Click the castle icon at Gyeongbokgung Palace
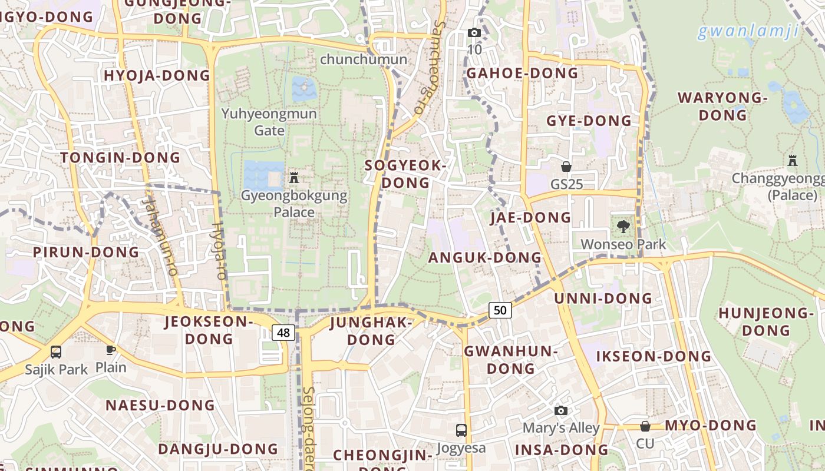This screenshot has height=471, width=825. coord(294,177)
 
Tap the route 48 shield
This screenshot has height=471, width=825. coord(283,333)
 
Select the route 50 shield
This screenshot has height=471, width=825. coord(500,310)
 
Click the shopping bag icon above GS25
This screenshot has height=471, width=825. coord(566,167)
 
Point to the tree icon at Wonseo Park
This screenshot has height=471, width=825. coord(623,226)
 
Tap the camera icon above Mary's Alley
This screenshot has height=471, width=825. coord(561,410)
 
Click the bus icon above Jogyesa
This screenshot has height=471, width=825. coord(461,430)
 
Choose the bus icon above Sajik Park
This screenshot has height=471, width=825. coord(56,352)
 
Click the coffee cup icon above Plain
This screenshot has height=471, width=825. coord(110,350)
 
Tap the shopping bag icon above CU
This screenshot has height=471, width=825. coord(645,426)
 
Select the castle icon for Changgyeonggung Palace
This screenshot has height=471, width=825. coord(792,160)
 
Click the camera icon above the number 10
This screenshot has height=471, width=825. coord(474,32)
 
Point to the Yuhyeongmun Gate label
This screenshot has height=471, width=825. coord(269,122)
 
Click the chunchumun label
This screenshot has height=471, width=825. coord(364,59)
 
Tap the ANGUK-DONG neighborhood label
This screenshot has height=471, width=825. coord(484,257)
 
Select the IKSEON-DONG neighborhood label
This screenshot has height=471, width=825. coord(654,356)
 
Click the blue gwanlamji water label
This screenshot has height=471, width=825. coord(748,31)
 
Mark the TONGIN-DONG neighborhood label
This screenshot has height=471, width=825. coord(120,157)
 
